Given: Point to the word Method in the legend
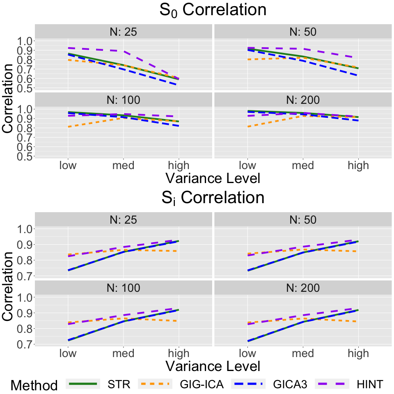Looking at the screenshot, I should (34, 385).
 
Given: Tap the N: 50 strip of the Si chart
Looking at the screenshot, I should (302, 220).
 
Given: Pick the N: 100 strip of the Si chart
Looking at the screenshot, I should (124, 288).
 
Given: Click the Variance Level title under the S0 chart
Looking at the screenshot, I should (213, 179).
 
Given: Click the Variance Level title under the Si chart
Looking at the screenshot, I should (213, 365).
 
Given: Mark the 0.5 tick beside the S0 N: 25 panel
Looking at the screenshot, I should (23, 88).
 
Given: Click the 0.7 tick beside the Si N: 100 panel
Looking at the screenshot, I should (23, 345).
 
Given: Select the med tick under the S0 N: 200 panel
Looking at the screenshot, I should (303, 165).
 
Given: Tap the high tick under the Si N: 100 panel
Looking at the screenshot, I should (179, 354).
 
